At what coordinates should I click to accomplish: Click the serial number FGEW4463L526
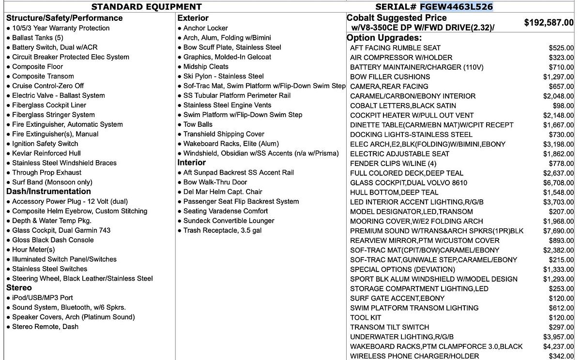point(456,7)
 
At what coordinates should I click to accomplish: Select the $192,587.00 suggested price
point(549,23)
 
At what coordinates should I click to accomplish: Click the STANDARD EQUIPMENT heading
point(146,7)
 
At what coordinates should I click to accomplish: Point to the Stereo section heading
point(19,288)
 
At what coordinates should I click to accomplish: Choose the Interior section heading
point(191,163)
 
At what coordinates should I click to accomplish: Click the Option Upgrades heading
point(384,38)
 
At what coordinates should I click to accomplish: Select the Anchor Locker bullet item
point(205,28)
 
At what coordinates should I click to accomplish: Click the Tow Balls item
point(198,124)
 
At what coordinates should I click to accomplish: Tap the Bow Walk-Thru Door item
point(215,182)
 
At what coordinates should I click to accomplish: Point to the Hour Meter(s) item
point(33,250)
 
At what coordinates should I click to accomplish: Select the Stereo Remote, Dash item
point(45,327)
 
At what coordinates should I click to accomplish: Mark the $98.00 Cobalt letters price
point(563,105)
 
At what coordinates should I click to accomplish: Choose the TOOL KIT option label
point(366,317)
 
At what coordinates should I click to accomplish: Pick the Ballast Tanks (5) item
point(38,38)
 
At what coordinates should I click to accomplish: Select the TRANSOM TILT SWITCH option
point(389,327)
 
